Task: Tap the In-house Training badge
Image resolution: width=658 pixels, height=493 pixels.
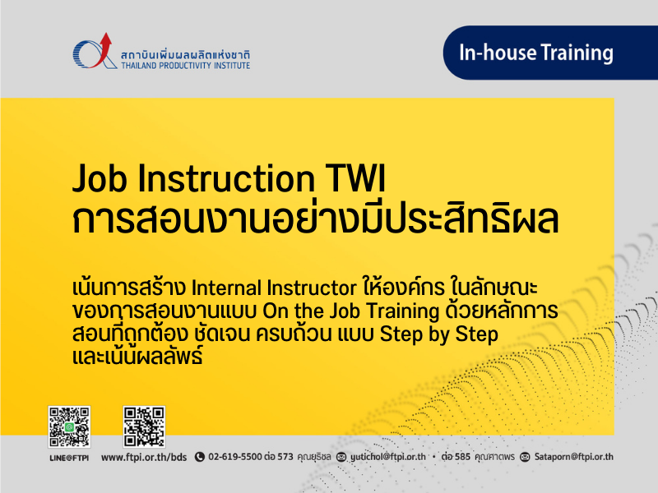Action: click(x=550, y=53)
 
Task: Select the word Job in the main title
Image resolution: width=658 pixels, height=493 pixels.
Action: click(x=100, y=178)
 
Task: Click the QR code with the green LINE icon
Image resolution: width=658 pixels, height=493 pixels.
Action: click(x=69, y=426)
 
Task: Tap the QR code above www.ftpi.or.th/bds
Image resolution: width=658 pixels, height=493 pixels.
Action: click(x=144, y=426)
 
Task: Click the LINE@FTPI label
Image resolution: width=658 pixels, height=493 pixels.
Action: click(x=69, y=458)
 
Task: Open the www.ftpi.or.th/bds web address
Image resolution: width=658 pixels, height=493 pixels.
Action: click(x=144, y=457)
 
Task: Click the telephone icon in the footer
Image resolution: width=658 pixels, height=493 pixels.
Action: click(x=200, y=457)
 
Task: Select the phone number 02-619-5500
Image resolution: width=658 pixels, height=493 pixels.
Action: click(x=235, y=457)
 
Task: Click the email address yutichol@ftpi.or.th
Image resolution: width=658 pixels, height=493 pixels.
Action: click(x=387, y=457)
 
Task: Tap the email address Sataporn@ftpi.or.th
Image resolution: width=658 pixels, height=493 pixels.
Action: click(x=573, y=457)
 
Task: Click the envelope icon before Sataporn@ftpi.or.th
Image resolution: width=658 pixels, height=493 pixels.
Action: click(x=525, y=457)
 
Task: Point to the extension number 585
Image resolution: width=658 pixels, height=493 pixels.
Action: click(x=462, y=457)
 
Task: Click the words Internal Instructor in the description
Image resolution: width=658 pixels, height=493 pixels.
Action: click(x=274, y=288)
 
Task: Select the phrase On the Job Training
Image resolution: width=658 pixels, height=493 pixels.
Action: click(x=351, y=311)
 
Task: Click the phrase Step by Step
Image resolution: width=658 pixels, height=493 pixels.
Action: click(x=439, y=334)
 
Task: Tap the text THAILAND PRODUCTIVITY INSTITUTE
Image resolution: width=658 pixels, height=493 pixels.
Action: click(x=186, y=66)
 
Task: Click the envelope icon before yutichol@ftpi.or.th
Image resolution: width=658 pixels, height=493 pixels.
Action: click(x=341, y=457)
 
